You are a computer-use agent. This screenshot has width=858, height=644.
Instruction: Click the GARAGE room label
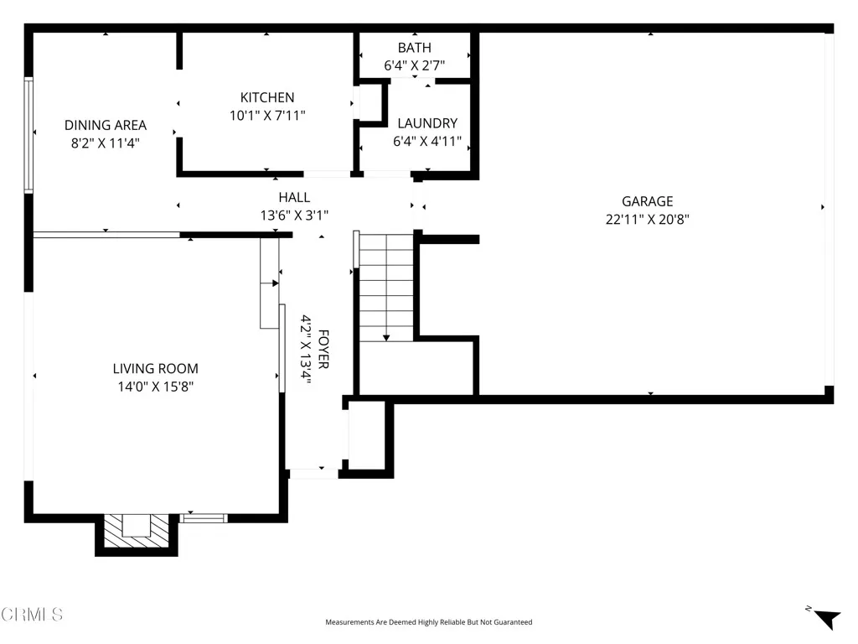(647, 201)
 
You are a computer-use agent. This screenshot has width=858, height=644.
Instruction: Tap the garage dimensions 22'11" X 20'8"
(647, 220)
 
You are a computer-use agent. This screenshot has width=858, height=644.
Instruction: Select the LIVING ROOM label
(156, 368)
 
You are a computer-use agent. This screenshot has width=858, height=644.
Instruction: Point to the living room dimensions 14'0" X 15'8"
(156, 387)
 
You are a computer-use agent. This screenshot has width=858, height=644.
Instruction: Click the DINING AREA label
(106, 125)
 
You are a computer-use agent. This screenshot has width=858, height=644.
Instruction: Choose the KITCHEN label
(267, 97)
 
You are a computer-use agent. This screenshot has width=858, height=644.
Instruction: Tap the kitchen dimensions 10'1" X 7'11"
(267, 116)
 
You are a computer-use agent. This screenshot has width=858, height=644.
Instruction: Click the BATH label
(414, 48)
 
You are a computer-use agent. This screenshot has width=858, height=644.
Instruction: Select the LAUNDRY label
(427, 123)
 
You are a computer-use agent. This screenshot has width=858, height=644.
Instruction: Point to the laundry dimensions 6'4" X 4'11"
(427, 142)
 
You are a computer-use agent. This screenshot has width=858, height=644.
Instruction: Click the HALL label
(294, 197)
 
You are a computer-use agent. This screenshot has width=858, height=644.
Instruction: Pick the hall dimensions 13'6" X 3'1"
(294, 216)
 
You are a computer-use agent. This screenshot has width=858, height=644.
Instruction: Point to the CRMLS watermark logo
(32, 615)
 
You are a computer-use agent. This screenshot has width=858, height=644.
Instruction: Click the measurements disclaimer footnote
(428, 622)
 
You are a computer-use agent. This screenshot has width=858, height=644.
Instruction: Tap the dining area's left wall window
(28, 134)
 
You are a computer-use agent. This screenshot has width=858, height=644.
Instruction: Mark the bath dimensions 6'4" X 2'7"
(414, 65)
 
